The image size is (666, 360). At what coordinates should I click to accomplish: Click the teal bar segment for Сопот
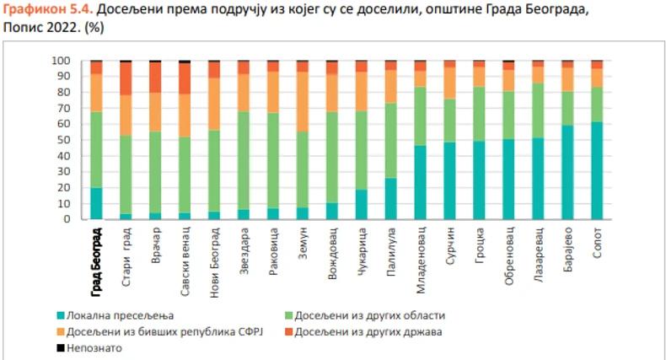[x=597, y=170]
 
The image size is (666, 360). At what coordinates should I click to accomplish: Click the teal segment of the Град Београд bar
[x=96, y=203]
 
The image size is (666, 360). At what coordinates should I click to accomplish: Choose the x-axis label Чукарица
[x=362, y=251]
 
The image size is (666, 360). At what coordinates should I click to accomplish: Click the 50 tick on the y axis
[x=62, y=140]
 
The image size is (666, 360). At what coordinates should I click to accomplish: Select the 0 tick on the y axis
[x=64, y=219]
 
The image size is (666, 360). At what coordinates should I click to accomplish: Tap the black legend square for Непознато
[x=61, y=347]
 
